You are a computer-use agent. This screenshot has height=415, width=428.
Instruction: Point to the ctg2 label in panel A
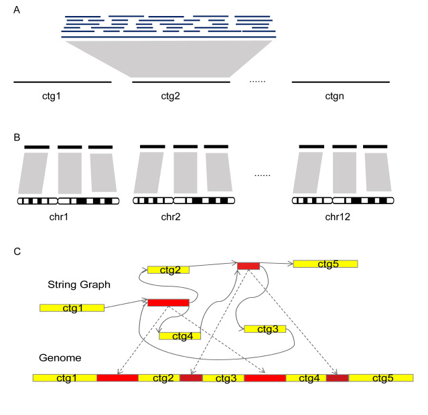(x=170, y=96)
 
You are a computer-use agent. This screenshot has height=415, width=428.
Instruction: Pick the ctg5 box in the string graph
(x=325, y=264)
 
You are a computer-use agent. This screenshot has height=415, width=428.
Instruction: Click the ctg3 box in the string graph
(x=265, y=329)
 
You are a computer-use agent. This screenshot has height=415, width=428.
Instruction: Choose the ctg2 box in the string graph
(x=168, y=270)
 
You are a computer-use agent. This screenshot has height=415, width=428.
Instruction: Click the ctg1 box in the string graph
(x=72, y=308)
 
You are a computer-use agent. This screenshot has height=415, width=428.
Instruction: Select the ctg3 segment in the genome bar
(x=223, y=378)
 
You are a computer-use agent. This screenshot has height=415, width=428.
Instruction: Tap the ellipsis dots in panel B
(x=263, y=175)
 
